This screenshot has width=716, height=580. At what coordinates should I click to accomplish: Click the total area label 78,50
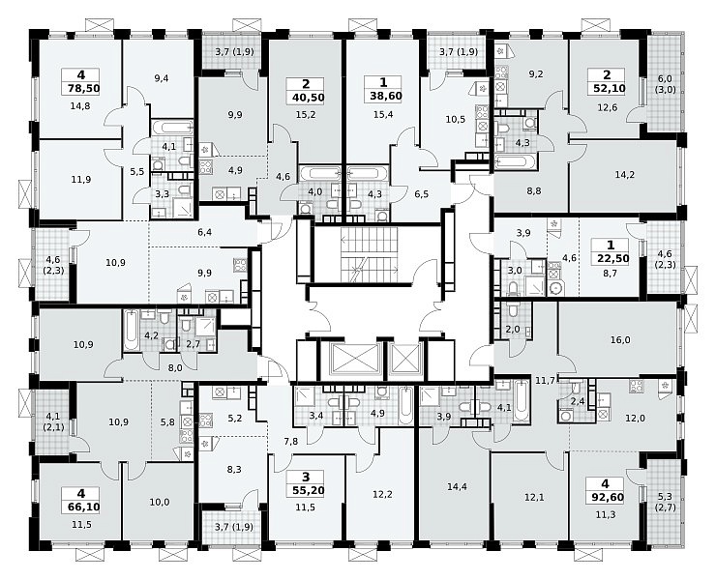point(81,88)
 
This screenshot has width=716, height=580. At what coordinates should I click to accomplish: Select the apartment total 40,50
point(306,98)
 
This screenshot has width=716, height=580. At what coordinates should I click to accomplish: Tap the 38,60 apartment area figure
point(383,96)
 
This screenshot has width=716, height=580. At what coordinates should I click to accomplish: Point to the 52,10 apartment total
point(607,88)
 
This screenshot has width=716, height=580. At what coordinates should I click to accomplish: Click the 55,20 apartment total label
point(306,490)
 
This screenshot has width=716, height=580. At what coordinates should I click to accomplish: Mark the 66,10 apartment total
point(81,507)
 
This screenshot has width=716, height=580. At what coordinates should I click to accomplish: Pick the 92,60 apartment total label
point(606,497)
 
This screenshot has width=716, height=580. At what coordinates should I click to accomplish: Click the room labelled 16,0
point(620,339)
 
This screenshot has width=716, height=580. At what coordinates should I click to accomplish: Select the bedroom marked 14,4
point(457,486)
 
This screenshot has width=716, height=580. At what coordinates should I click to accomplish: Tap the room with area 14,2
point(625,174)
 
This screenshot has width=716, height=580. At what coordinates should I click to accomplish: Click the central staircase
point(370,254)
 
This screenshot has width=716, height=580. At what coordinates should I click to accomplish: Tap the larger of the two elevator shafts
point(350,359)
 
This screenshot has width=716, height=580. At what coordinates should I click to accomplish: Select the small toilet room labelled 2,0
point(513,329)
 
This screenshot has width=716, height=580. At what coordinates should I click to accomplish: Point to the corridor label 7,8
point(291,441)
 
